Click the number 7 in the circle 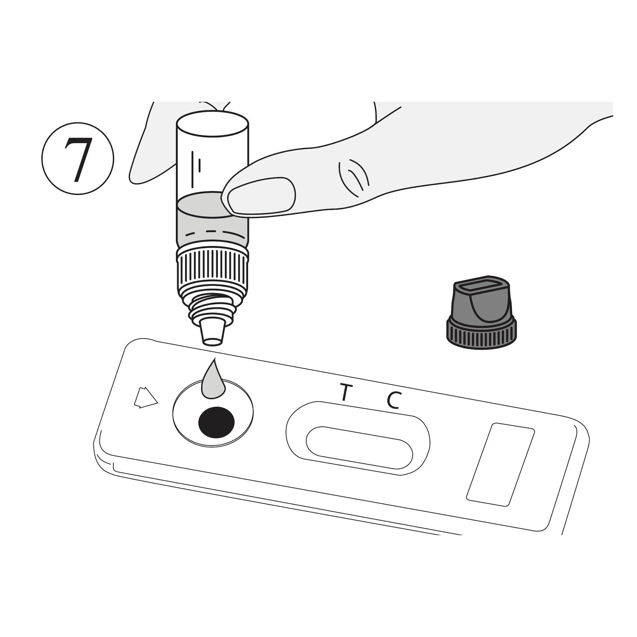(x=78, y=159)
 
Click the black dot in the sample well (x=216, y=422)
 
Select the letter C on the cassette (x=394, y=400)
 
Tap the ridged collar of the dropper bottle (x=213, y=272)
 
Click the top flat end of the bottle (x=213, y=124)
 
